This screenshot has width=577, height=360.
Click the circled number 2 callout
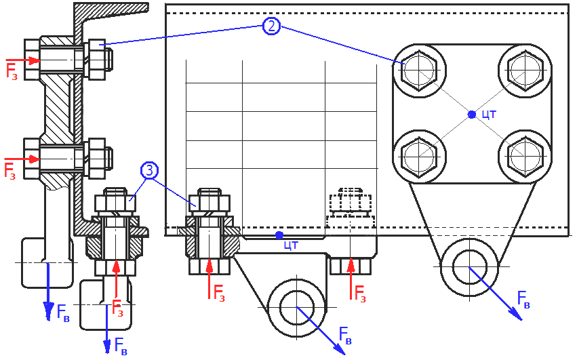(271, 26)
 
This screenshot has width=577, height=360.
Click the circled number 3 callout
(150, 170)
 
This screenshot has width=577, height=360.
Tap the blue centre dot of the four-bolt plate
(472, 115)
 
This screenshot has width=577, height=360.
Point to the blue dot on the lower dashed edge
(279, 235)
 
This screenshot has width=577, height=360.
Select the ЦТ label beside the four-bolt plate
(489, 115)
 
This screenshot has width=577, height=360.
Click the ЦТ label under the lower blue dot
(291, 245)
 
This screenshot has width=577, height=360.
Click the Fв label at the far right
(523, 299)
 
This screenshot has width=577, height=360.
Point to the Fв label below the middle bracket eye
(345, 336)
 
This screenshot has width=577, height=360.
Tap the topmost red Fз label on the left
(12, 71)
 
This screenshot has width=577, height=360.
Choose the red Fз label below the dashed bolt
(360, 294)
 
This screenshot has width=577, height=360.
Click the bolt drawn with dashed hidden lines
(350, 203)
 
